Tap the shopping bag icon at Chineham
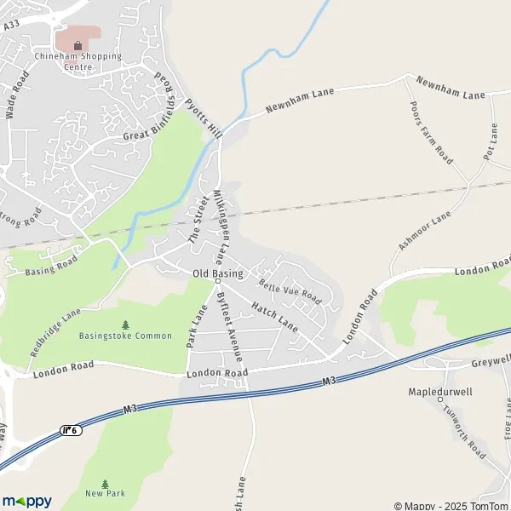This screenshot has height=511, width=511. tap(78, 45)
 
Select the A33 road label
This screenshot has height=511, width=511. tap(10, 26)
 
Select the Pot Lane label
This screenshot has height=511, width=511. tap(490, 141)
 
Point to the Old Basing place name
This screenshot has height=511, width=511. tap(218, 273)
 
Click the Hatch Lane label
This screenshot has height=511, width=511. tap(275, 315)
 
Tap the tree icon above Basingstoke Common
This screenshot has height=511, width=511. tap(126, 324)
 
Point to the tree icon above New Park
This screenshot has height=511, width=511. tap(105, 483)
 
